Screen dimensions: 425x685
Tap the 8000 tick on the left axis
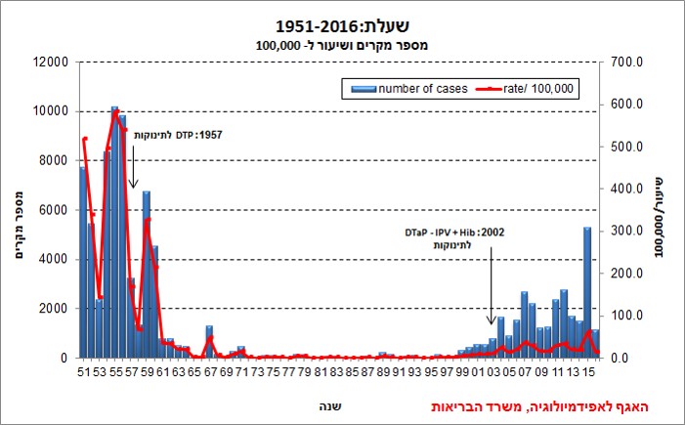(51, 160)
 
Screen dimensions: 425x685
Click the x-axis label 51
(83, 372)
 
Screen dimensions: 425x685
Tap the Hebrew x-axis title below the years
(332, 404)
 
